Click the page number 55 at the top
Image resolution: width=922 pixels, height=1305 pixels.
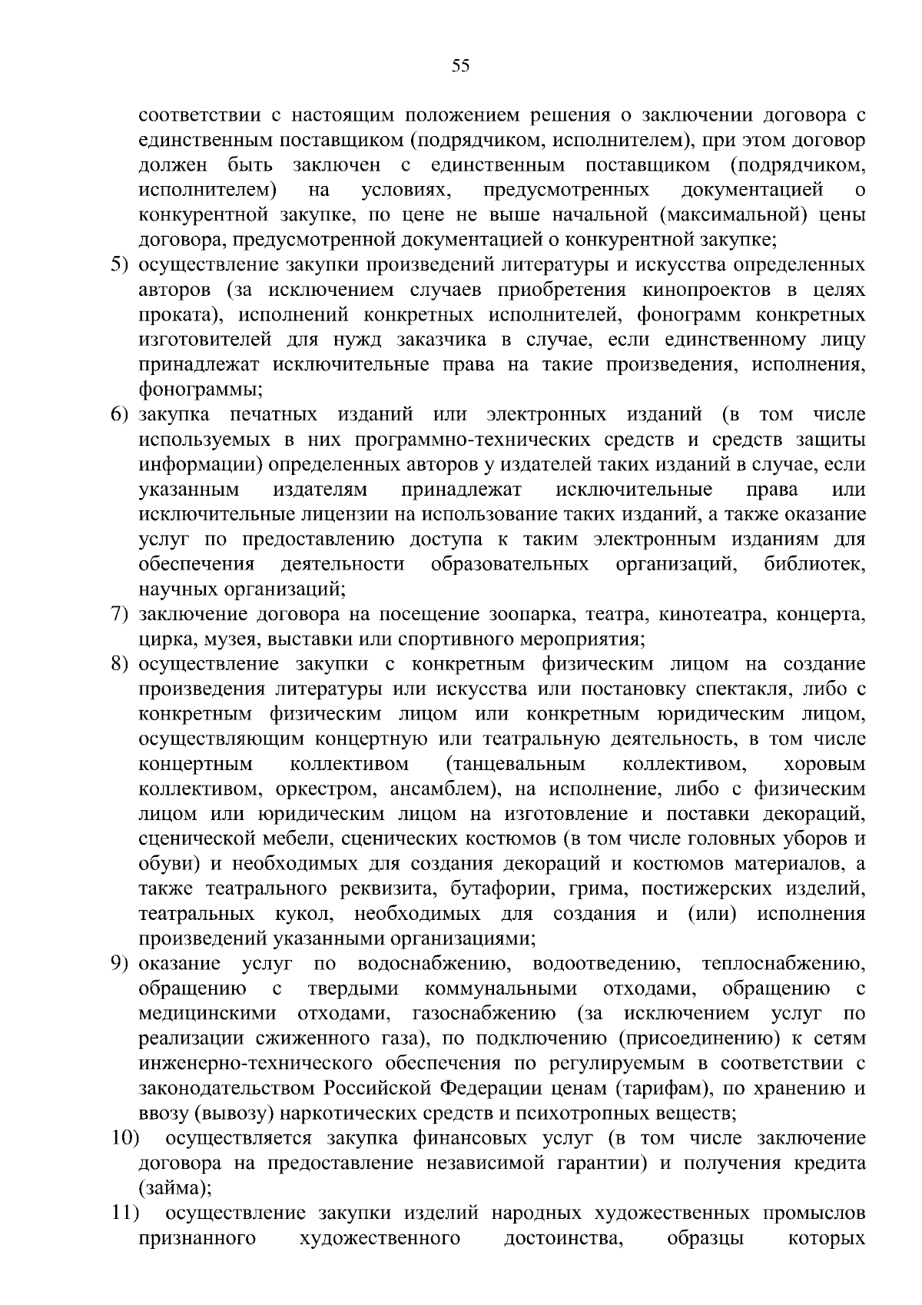[x=460, y=66]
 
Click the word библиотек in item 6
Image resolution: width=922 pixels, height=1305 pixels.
[x=814, y=565]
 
